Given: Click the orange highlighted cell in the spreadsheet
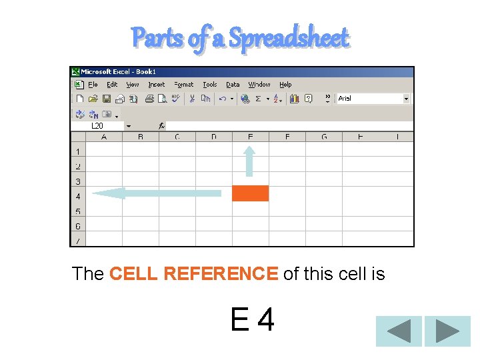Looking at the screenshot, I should [x=250, y=193].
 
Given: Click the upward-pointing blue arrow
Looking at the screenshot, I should [x=249, y=161].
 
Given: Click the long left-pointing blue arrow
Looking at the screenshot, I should [x=156, y=193].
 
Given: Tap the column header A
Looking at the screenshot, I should [x=104, y=137].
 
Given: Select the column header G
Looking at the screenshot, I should [x=324, y=137].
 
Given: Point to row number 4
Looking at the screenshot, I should [x=78, y=197].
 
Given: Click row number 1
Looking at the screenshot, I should [x=78, y=152].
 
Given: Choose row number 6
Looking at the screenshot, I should [x=78, y=227].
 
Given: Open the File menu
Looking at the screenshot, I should [x=93, y=85].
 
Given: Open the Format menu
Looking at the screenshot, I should [x=183, y=85].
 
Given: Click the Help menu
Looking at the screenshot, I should [x=285, y=85].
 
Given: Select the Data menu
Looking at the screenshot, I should [x=233, y=85].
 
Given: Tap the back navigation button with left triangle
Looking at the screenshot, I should [x=399, y=331].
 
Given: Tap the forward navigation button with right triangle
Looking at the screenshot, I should [x=447, y=331].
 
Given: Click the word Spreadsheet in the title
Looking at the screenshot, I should [x=289, y=38].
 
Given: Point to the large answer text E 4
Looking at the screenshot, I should [x=252, y=321].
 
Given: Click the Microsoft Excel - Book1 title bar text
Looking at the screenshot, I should [x=118, y=71].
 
